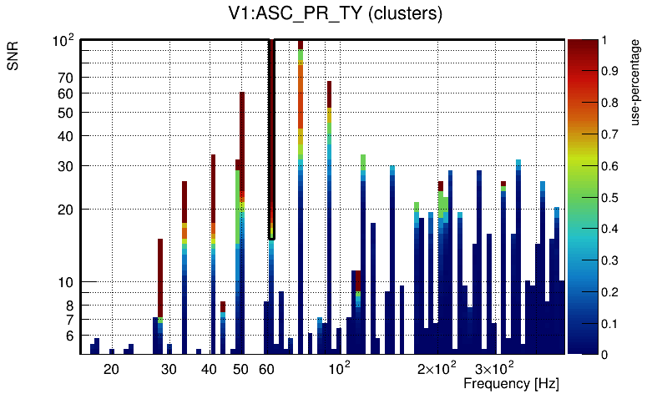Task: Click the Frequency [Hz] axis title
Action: point(511,383)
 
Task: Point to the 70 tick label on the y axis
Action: point(66,78)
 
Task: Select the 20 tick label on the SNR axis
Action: point(66,210)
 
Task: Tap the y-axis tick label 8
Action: point(70,306)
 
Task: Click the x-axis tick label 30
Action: point(169,368)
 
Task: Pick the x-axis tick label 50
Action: point(240,368)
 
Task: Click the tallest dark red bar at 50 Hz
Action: point(242,142)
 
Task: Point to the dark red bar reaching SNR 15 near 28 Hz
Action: point(159,275)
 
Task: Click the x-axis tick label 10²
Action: point(339,367)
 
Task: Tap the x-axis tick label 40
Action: point(209,368)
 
